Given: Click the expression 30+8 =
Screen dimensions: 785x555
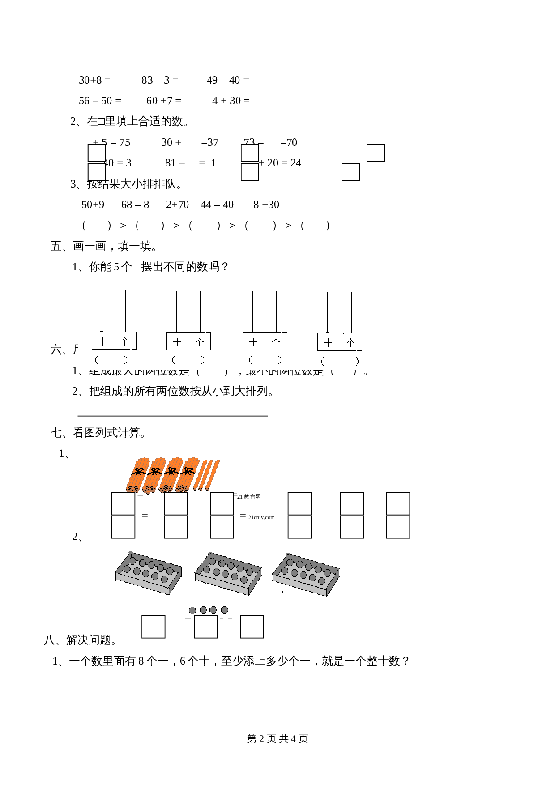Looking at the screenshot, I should (94, 80).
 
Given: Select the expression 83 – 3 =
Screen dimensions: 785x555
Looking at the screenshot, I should (160, 80).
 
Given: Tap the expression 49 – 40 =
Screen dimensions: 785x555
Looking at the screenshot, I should (228, 80).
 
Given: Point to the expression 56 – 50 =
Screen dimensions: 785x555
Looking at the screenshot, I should (100, 101).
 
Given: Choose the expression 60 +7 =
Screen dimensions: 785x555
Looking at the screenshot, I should (164, 101).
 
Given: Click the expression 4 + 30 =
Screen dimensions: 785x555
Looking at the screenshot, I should (231, 101).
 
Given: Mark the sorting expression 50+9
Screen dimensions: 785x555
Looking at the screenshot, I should (93, 205).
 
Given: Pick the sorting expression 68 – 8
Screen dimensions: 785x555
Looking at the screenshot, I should (135, 205).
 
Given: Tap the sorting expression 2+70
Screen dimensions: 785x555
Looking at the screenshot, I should (177, 205).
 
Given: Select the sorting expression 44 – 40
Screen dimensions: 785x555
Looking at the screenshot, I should (217, 205).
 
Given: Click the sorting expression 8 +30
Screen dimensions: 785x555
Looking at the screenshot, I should (266, 205).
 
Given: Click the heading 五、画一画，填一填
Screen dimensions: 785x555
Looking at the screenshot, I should (103, 246).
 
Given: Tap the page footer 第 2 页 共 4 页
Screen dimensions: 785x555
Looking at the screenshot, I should (277, 739).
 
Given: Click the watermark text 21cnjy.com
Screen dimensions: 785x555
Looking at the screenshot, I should (261, 517).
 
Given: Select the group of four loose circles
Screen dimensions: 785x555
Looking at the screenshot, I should (209, 610).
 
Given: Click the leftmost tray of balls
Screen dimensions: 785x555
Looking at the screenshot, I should (148, 573).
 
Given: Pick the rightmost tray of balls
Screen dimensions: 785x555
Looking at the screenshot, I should (306, 574).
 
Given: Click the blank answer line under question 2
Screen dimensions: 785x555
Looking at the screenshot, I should (173, 415).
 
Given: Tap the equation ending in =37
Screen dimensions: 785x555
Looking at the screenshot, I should (190, 142).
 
